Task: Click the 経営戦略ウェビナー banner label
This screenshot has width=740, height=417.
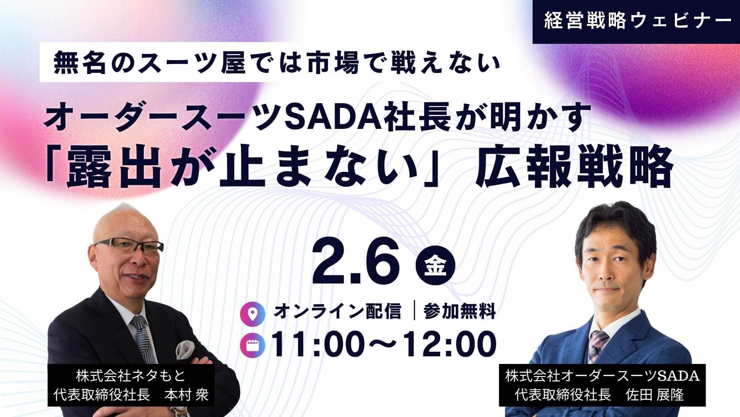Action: coord(636,22)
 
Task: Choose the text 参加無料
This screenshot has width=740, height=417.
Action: coord(460,312)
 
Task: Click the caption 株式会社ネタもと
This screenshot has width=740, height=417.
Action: coord(130,375)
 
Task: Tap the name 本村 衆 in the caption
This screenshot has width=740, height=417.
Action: coord(186,396)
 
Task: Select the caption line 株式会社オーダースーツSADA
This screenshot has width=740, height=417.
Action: coord(602,375)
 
